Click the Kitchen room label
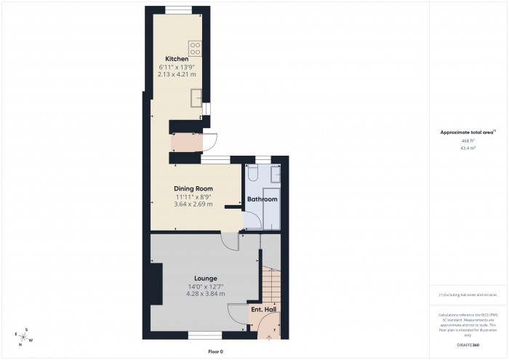[177, 59]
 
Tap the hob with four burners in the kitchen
[195, 49]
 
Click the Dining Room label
[193, 188]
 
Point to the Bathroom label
[262, 199]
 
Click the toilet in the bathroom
[252, 174]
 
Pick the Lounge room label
[206, 278]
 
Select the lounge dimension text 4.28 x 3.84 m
[206, 294]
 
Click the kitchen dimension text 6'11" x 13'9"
[177, 67]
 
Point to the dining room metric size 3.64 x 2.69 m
[193, 204]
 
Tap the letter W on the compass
[31, 340]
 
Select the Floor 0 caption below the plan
[215, 352]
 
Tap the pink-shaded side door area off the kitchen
[182, 143]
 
